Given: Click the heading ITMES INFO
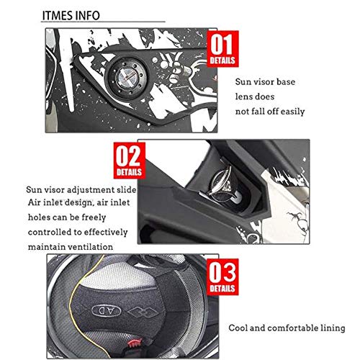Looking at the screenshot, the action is (x=71, y=16).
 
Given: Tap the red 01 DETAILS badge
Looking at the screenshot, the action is (x=222, y=49).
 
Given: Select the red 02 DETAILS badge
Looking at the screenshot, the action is (x=130, y=161).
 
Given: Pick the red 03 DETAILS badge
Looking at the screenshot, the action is (x=222, y=276).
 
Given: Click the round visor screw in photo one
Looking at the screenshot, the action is (x=127, y=78).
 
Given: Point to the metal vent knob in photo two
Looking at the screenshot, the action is (x=220, y=184).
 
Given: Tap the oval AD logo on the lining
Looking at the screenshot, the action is (x=107, y=311).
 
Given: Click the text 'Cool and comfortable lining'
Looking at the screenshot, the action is (x=287, y=328).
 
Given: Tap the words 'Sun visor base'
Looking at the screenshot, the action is (x=265, y=82).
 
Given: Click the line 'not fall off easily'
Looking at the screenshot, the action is (x=270, y=112).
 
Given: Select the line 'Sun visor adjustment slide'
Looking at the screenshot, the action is (x=81, y=190).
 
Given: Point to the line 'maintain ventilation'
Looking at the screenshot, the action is (x=71, y=247).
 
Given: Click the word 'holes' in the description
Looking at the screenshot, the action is (x=39, y=217).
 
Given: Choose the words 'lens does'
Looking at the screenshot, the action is (x=255, y=96).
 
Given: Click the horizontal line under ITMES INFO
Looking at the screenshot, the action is (x=103, y=22).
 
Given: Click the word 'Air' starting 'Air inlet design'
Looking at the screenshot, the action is (x=34, y=202).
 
